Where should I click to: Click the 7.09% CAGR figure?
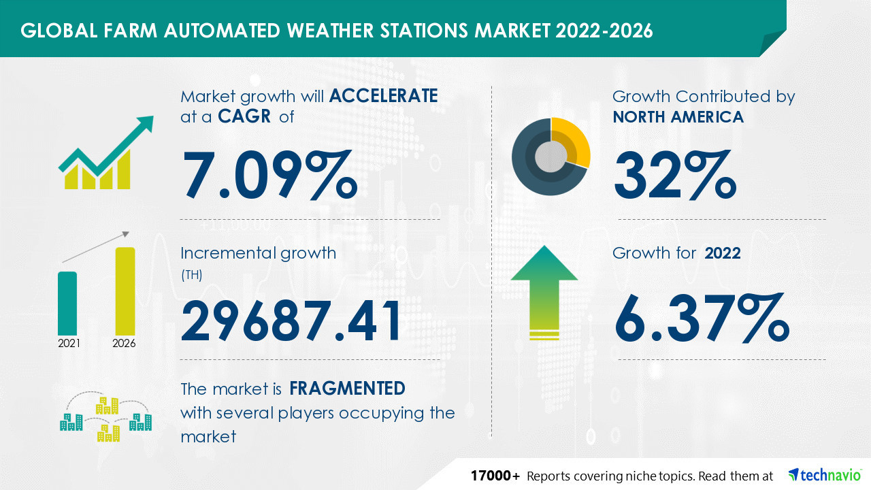point(270,175)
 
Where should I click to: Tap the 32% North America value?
point(675,175)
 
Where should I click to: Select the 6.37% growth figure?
point(702,318)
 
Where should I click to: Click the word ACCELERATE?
point(383,96)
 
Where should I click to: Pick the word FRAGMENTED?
point(347,388)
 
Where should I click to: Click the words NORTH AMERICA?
point(678,116)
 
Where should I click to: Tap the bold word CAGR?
point(244,116)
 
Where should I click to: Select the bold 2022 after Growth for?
point(723,253)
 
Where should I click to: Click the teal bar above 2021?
point(67,304)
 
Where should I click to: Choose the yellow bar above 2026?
point(125,291)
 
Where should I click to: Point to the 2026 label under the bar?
point(124,344)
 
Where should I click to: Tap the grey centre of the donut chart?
point(550,157)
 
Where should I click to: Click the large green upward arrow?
point(544,293)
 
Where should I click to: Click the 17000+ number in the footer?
point(495,476)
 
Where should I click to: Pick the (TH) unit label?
point(192,275)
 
